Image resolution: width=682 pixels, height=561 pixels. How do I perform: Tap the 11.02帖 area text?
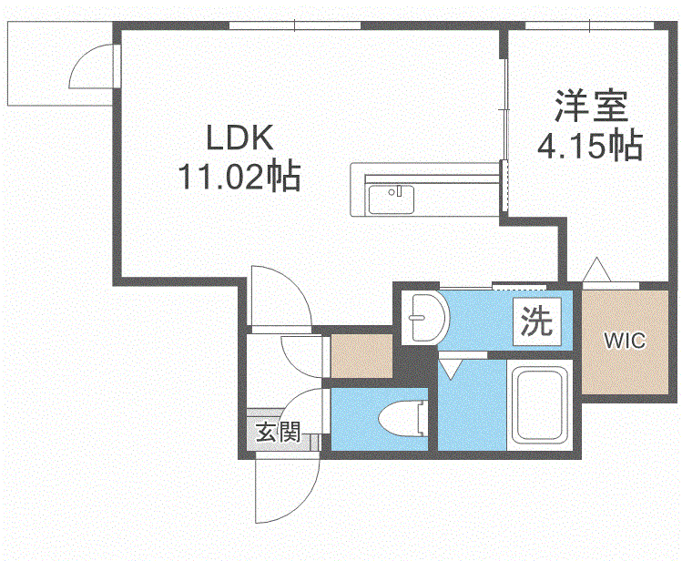click(239, 175)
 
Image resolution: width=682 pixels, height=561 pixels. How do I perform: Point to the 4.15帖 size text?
click(591, 146)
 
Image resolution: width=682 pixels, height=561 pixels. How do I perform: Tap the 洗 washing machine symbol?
click(536, 321)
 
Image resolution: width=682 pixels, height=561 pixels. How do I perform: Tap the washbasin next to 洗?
click(422, 318)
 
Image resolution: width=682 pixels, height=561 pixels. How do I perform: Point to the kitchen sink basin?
click(392, 199)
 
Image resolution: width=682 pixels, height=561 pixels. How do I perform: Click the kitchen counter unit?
click(425, 189)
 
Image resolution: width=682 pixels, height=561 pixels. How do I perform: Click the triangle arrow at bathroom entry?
click(450, 368)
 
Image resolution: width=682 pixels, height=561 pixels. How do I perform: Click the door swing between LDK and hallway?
click(279, 300)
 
